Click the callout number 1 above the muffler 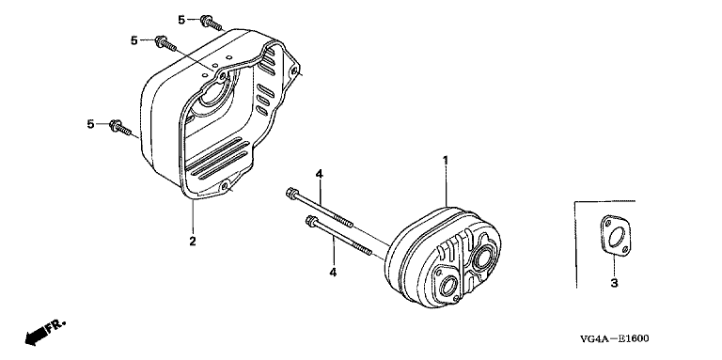tap(446, 160)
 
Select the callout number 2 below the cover tap(193, 241)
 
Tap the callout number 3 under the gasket tap(614, 284)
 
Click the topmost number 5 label tap(181, 20)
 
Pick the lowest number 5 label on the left tap(90, 124)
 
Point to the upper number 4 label tap(319, 174)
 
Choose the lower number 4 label tap(333, 273)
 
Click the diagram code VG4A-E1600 tap(615, 338)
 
